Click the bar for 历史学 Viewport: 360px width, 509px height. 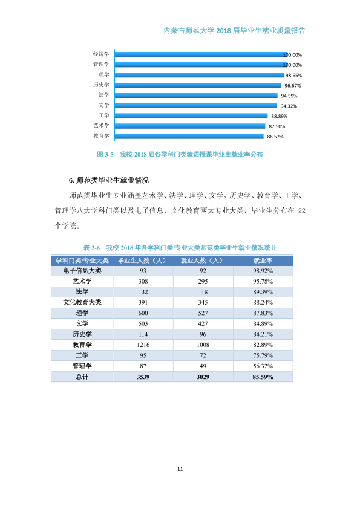pos(198,85)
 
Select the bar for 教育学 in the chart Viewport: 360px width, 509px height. pos(189,137)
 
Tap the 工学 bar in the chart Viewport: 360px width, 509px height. pos(191,116)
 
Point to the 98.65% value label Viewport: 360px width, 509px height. pos(293,76)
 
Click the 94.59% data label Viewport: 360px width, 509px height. pos(289,96)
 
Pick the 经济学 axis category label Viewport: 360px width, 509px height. pos(101,54)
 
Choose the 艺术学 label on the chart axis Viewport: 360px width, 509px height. pos(101,126)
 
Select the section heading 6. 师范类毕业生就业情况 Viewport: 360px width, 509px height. pos(109,181)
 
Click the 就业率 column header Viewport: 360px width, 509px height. pos(263,261)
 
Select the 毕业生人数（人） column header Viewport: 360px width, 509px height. pos(143,261)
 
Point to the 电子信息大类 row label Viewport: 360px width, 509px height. pos(82,271)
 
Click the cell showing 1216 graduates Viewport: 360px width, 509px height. pos(143,345)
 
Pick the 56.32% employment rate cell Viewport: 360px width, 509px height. pos(263,366)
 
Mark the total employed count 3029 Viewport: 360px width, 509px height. pos(203,377)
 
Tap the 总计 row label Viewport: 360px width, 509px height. pos(82,377)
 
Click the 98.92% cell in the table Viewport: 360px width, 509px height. pos(263,271)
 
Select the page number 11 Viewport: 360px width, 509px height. pos(180,469)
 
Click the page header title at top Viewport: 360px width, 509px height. pos(234,31)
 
